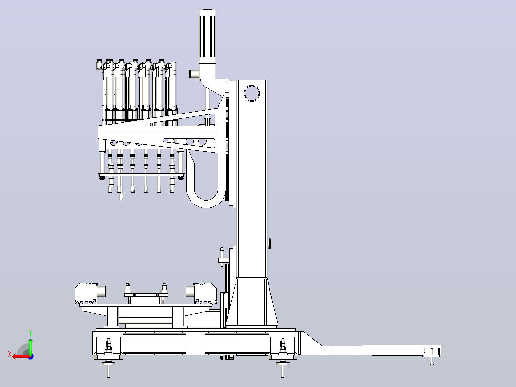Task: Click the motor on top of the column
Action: point(208,44)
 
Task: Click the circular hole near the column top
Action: point(252,93)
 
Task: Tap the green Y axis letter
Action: point(30,333)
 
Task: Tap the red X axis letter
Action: point(10,354)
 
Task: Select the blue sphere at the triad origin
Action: point(31,357)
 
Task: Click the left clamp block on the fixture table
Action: point(90,293)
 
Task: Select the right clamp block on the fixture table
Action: point(202,293)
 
